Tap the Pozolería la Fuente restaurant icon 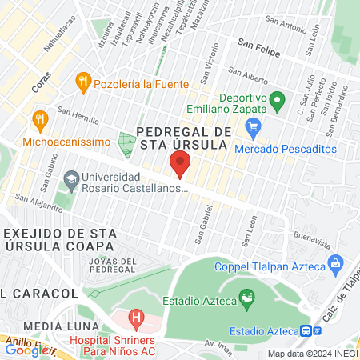pyautogui.click(x=82, y=82)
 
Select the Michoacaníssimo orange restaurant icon pyautogui.click(x=38, y=120)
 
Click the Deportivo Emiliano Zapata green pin pyautogui.click(x=277, y=102)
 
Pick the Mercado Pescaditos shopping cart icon pyautogui.click(x=254, y=126)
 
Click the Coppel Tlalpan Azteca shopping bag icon pyautogui.click(x=335, y=262)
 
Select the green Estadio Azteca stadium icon pyautogui.click(x=249, y=300)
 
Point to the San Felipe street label pyautogui.click(x=257, y=47)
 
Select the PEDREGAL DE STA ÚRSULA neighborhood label pyautogui.click(x=184, y=138)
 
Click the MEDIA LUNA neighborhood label pyautogui.click(x=61, y=326)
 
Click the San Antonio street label pyautogui.click(x=288, y=26)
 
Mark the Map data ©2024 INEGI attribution pyautogui.click(x=312, y=354)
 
